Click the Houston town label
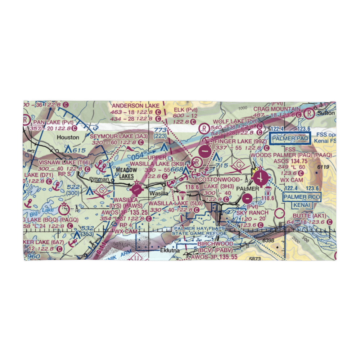point(68,137)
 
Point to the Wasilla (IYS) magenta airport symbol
point(137,188)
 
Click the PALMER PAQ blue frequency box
point(290,138)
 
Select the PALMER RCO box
point(301,197)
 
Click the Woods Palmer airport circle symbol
point(260,177)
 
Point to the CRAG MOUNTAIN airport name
point(276,109)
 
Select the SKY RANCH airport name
point(252,213)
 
